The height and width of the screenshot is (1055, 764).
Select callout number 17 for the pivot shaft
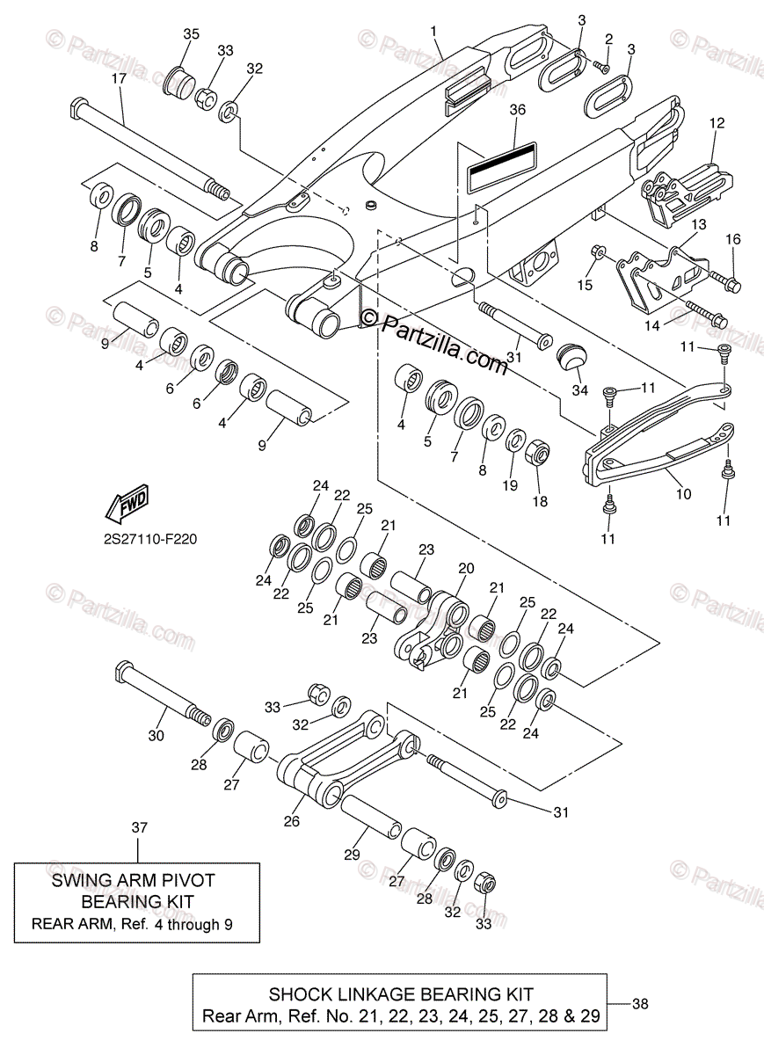[119, 79]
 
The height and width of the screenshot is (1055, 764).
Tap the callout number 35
[191, 33]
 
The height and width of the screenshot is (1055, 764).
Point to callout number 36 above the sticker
[517, 110]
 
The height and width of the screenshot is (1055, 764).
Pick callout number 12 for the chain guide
[717, 123]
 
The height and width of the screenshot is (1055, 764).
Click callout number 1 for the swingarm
[433, 31]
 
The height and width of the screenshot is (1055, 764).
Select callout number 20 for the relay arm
[466, 569]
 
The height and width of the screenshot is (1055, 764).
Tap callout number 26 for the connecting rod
[292, 821]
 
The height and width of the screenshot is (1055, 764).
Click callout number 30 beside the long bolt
[156, 735]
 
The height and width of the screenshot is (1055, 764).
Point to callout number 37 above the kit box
[139, 827]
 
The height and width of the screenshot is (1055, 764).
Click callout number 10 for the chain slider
[683, 495]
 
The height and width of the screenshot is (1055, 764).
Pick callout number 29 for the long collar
[353, 854]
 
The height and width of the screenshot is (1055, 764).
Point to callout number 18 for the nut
[539, 501]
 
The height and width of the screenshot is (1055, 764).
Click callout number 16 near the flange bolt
[733, 239]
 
